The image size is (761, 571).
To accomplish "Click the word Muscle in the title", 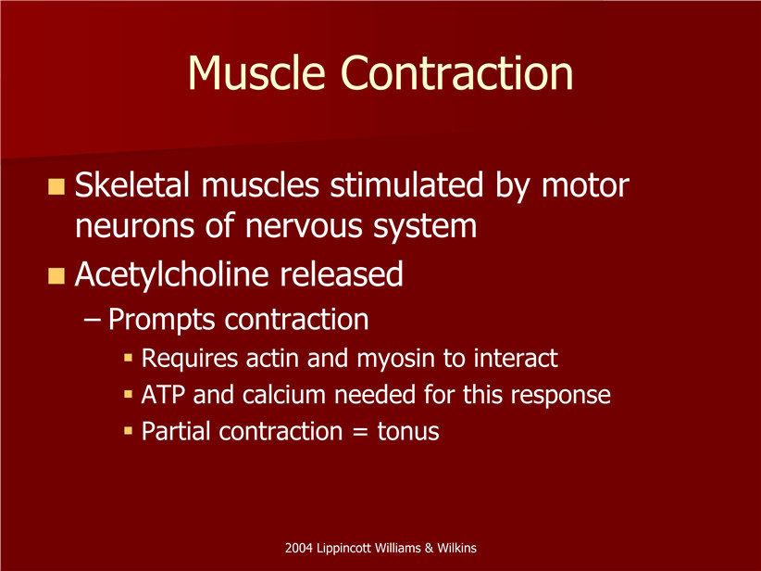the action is [x=256, y=72].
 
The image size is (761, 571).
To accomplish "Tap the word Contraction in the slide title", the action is [x=457, y=72].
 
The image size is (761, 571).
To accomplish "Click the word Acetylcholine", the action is [x=171, y=275].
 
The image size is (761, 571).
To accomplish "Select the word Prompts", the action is [x=161, y=320].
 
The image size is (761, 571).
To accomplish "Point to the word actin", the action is [x=272, y=358].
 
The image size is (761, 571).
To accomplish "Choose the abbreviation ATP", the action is [x=163, y=395].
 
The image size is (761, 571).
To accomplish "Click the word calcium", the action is [x=284, y=395].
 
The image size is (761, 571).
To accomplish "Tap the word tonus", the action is [x=408, y=432].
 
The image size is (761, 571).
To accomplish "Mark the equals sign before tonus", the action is [x=360, y=432].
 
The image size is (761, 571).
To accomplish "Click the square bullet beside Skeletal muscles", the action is [x=56, y=186].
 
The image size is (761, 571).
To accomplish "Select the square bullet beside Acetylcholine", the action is [x=56, y=275].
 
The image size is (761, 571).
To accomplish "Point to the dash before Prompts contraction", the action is [x=93, y=321].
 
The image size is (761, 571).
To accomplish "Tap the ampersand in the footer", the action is [x=429, y=548].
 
